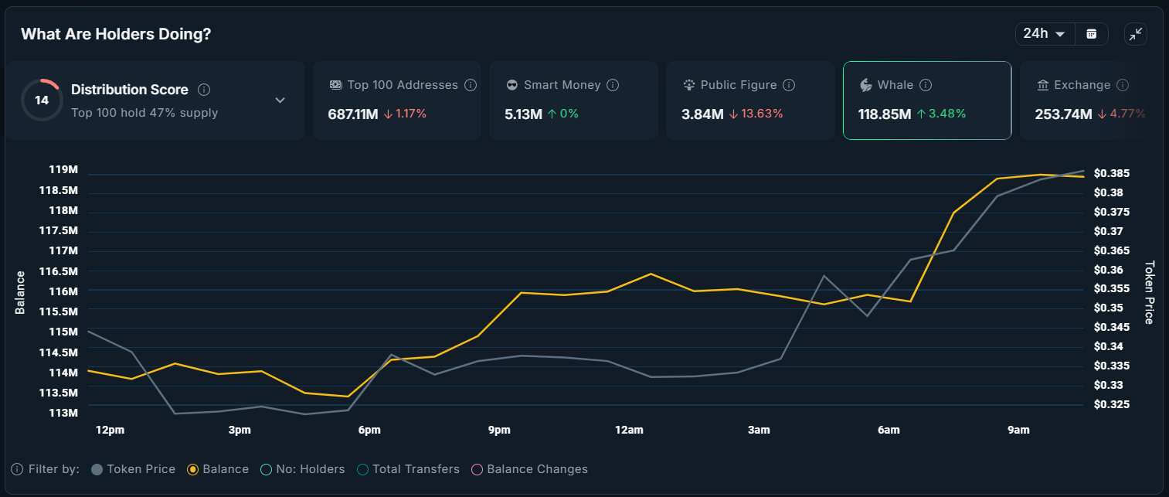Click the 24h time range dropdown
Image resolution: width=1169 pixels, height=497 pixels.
click(x=1044, y=34)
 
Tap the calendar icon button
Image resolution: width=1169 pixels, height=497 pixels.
click(x=1092, y=34)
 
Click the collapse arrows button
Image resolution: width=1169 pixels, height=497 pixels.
click(x=1135, y=34)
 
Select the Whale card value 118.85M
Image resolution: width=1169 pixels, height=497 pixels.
click(x=885, y=114)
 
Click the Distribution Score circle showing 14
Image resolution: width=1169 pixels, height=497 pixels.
click(x=42, y=100)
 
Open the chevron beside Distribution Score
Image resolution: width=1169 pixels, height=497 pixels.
click(x=280, y=100)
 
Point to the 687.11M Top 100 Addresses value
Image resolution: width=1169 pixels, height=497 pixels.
click(x=353, y=114)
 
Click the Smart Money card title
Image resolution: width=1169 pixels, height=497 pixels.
click(x=562, y=85)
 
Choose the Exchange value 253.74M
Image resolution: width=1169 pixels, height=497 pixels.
click(x=1063, y=114)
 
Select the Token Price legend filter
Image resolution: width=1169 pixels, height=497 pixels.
click(x=133, y=469)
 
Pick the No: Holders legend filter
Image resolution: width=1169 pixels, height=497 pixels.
click(x=303, y=469)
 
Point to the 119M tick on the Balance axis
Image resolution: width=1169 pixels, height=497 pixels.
click(x=63, y=170)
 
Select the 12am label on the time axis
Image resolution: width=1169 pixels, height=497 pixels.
click(x=629, y=430)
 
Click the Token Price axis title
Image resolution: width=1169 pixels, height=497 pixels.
click(x=1149, y=292)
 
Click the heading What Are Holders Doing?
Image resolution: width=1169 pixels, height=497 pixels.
click(x=116, y=34)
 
